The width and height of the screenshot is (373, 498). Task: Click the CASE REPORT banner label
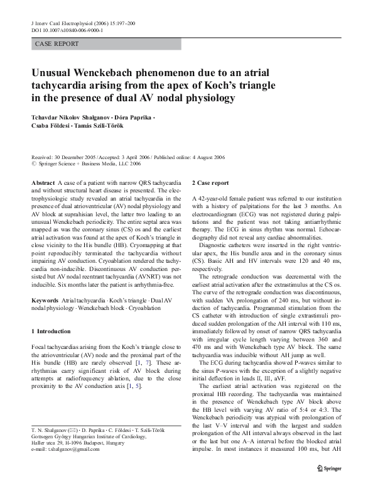(x=57, y=44)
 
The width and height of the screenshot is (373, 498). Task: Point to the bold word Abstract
(x=43, y=182)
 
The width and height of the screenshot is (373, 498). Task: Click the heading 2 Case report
(x=210, y=182)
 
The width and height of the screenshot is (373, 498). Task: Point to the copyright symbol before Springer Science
(x=34, y=163)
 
